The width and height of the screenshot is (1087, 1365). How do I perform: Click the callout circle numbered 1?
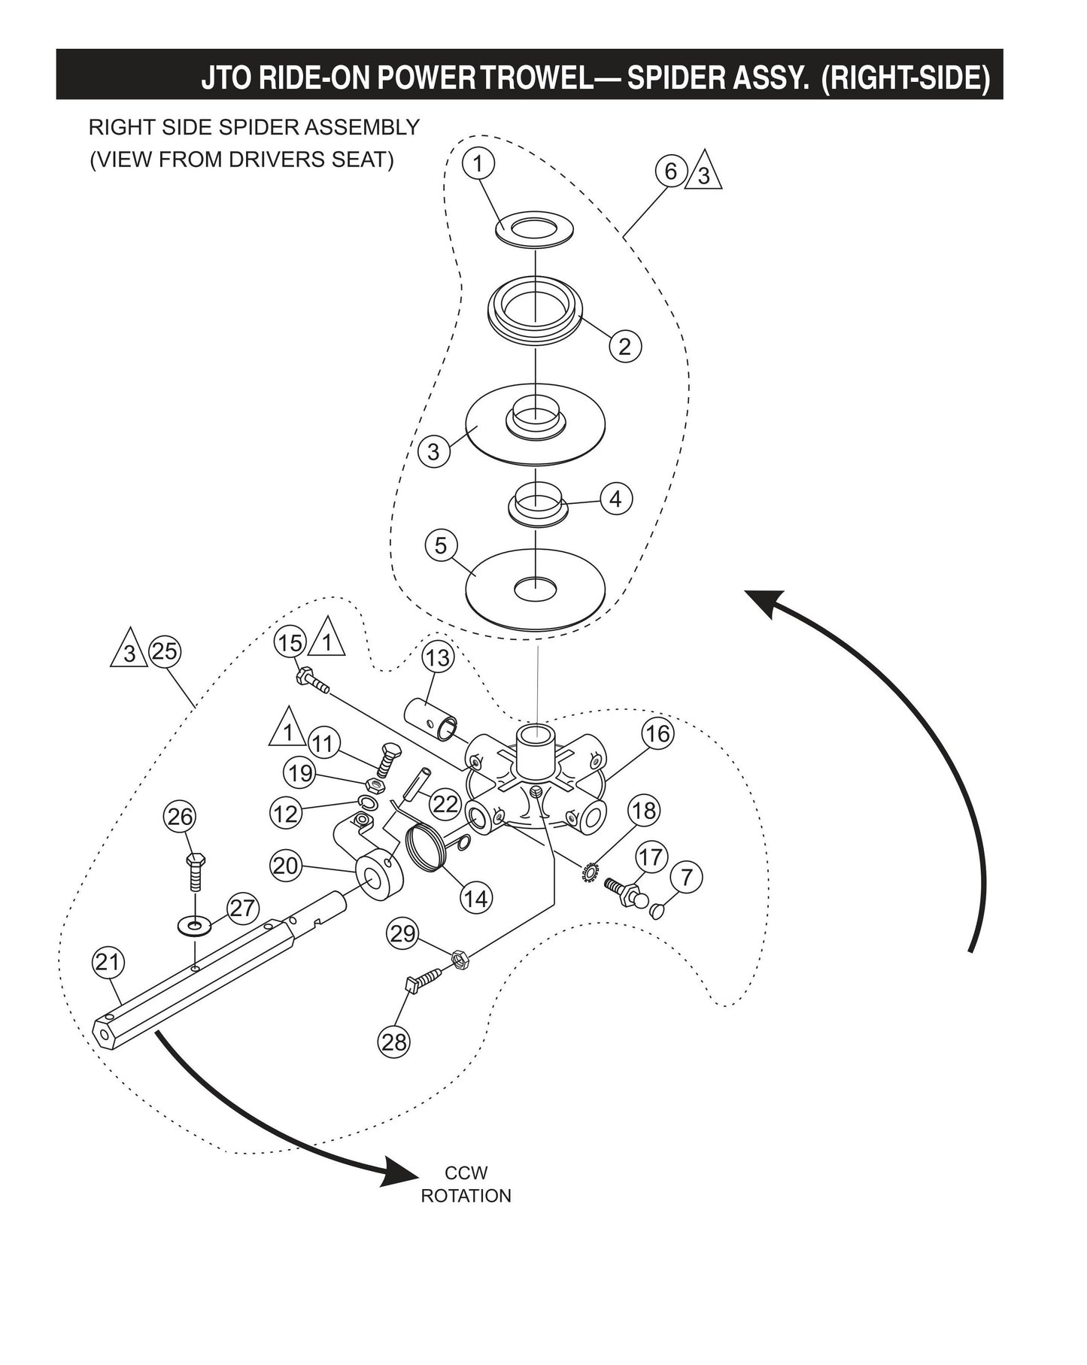(x=482, y=163)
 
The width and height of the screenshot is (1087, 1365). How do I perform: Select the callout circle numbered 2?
(x=624, y=346)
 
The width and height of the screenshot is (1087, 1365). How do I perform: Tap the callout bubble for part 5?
(x=441, y=545)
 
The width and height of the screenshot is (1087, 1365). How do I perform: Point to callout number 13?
(x=437, y=657)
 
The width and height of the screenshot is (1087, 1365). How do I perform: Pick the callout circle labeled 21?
(x=109, y=962)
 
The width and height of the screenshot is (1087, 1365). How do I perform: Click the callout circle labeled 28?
(x=394, y=1041)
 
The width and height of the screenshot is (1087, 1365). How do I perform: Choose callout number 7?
(x=685, y=877)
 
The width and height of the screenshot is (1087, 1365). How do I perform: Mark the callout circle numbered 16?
(x=658, y=733)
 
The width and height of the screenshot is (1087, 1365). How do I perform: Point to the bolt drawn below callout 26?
(x=195, y=872)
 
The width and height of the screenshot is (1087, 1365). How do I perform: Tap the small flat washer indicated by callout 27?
(x=195, y=923)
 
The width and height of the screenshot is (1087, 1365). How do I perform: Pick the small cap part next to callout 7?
(x=657, y=910)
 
